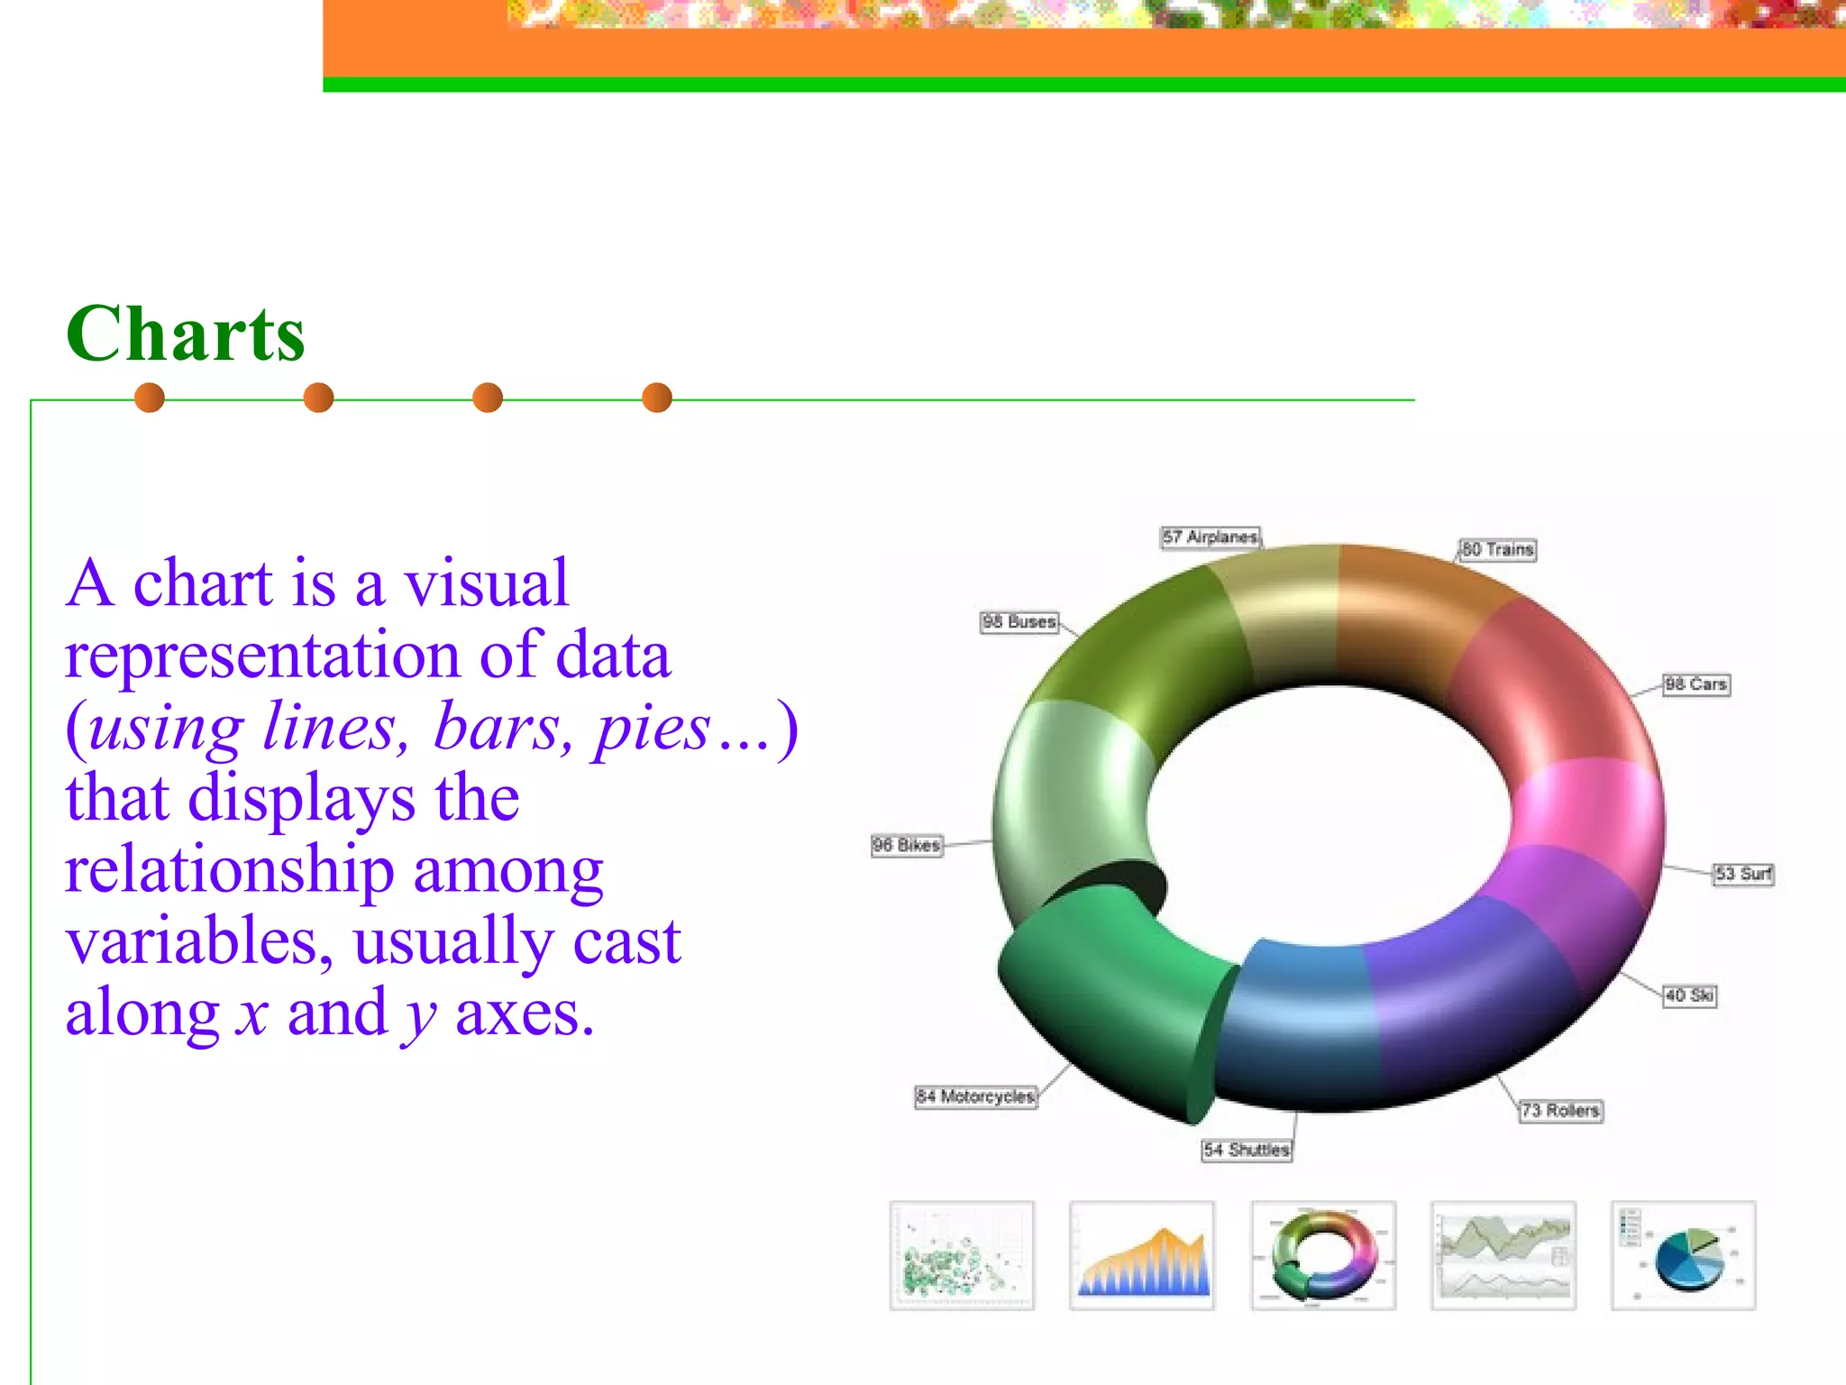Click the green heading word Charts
[x=186, y=335]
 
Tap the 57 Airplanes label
[x=1210, y=537]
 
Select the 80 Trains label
[x=1497, y=549]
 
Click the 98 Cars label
[x=1695, y=684]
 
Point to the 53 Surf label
[x=1743, y=874]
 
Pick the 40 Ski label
[x=1689, y=995]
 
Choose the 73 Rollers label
[x=1560, y=1110]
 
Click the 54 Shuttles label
[x=1247, y=1150]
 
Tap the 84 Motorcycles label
[x=975, y=1096]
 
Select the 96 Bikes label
[x=907, y=845]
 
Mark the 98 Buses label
[x=1019, y=622]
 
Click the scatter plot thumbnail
[x=962, y=1255]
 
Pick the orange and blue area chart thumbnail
[x=1142, y=1255]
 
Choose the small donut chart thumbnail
[x=1323, y=1255]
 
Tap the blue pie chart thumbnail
[x=1684, y=1255]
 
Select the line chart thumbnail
[x=1503, y=1255]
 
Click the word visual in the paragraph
[x=486, y=583]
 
